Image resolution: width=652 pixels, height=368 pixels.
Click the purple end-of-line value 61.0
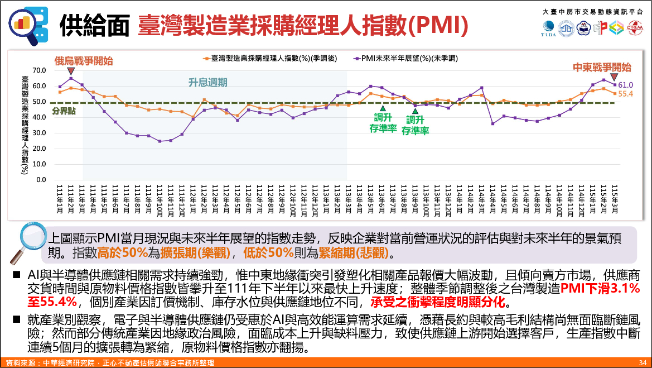(x=626, y=85)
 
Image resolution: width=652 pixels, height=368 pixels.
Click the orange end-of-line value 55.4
(x=626, y=94)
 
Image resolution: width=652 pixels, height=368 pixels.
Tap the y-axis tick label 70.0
(x=39, y=70)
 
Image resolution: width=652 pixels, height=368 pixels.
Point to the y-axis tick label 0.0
(x=41, y=180)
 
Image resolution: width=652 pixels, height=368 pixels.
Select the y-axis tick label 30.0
(x=39, y=133)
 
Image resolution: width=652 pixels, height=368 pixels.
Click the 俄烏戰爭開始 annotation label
(x=83, y=60)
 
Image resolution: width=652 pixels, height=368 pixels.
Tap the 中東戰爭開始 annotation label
(x=602, y=68)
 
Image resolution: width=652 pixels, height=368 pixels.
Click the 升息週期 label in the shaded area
(x=207, y=83)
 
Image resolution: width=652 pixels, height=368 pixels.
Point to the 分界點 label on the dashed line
(x=64, y=111)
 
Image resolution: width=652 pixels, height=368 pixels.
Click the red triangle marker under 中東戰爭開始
(x=614, y=77)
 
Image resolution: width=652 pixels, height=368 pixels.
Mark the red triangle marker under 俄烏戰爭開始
(x=71, y=71)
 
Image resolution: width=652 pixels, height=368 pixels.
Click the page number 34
(x=642, y=363)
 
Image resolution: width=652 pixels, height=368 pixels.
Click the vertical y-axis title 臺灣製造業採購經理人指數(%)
(x=25, y=125)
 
